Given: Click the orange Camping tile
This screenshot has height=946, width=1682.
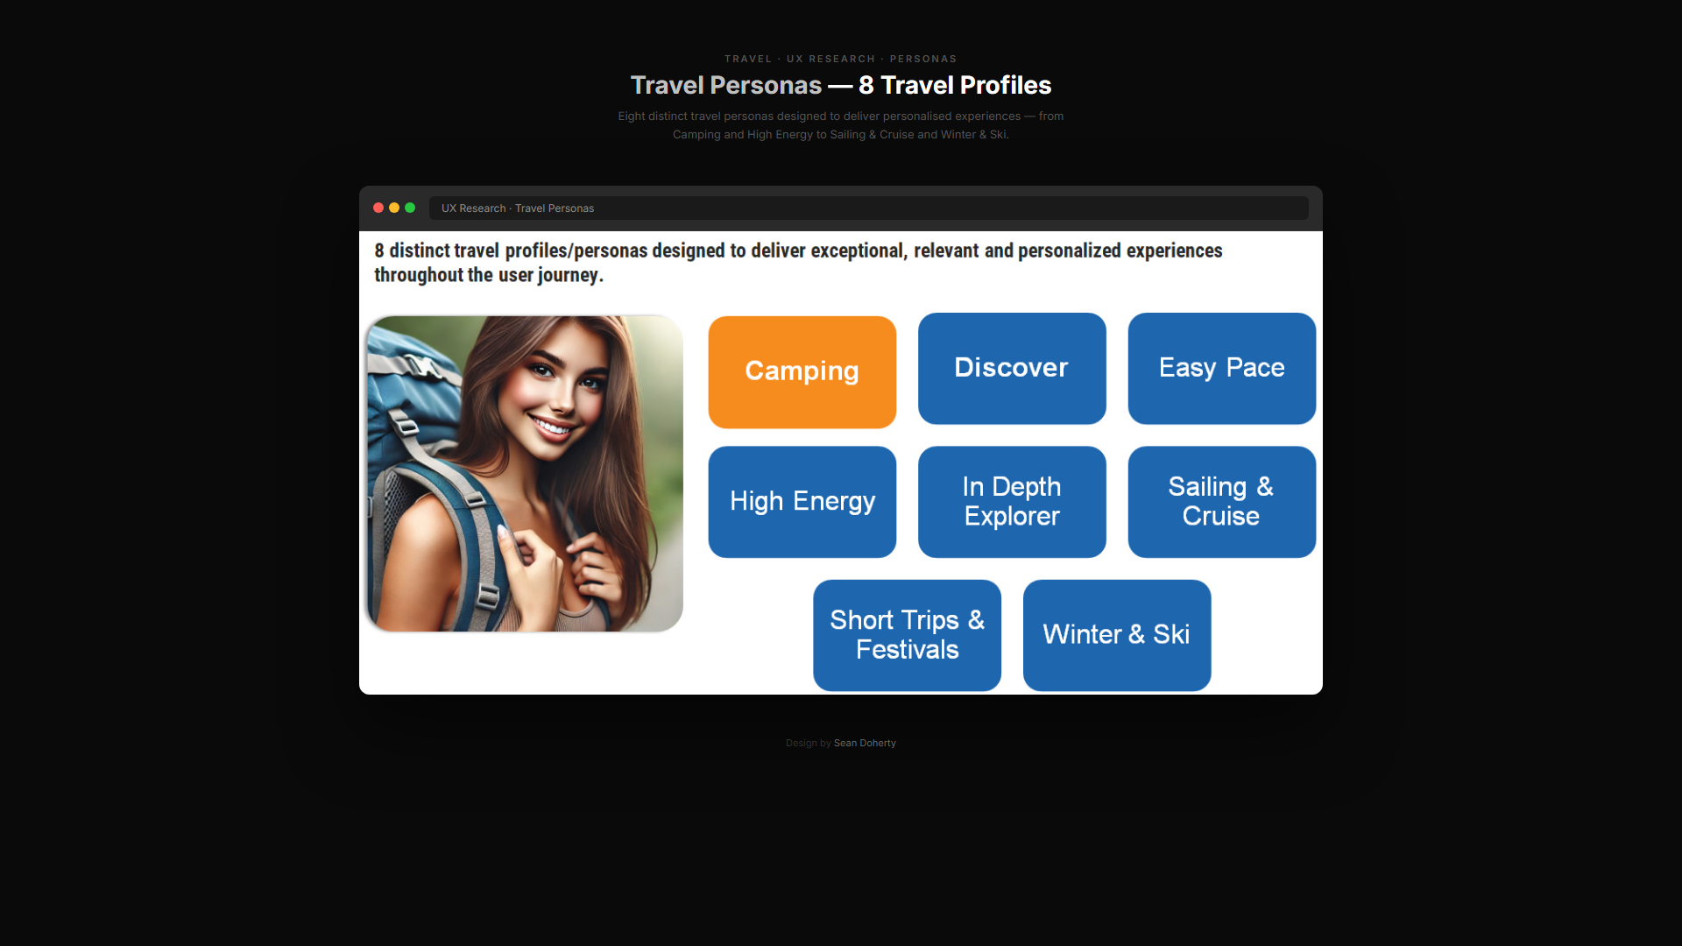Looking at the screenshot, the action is click(x=802, y=371).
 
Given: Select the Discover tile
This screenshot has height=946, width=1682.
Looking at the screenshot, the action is click(x=1012, y=368).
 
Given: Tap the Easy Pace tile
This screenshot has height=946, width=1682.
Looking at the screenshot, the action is click(x=1222, y=368).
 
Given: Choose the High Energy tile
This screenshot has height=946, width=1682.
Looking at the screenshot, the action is click(x=802, y=502).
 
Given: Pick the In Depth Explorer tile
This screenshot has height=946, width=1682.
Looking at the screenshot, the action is click(x=1012, y=502).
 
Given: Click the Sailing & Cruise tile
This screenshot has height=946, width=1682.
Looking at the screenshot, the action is click(x=1222, y=502).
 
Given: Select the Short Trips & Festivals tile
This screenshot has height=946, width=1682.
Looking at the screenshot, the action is click(x=907, y=635).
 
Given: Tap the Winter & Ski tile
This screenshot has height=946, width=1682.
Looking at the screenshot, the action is click(x=1117, y=635).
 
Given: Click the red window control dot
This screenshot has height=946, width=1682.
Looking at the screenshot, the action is click(x=378, y=208).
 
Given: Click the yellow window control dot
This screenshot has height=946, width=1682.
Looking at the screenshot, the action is click(x=394, y=208).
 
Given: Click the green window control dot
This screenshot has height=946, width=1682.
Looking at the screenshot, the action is click(x=410, y=208).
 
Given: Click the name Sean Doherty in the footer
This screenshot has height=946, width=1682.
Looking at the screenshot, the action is click(x=865, y=743).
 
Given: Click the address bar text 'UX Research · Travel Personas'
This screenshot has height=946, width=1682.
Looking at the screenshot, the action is click(x=518, y=208).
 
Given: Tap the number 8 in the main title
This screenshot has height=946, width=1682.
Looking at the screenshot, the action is click(x=866, y=85).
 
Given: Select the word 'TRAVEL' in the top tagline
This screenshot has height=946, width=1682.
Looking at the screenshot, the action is click(x=748, y=59).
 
